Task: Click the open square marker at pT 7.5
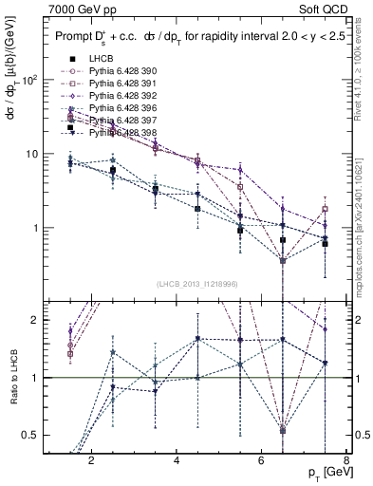coord(325,209)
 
